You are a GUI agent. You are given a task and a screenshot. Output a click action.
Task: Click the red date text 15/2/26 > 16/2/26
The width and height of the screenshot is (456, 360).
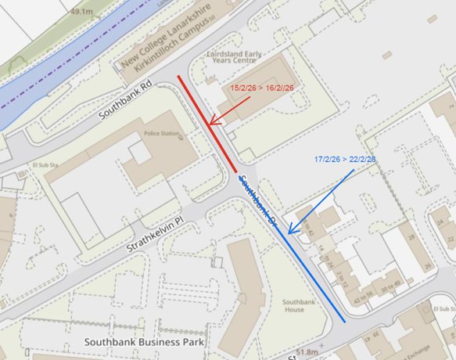click(262, 88)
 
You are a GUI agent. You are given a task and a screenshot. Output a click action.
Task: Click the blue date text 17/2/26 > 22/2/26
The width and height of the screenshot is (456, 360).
click(345, 160)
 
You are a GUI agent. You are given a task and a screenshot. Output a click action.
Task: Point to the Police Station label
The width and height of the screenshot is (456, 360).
click(160, 135)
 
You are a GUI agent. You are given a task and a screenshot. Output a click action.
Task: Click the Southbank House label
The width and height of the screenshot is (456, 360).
click(293, 306)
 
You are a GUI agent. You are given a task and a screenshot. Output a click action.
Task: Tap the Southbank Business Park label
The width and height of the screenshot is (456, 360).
click(144, 342)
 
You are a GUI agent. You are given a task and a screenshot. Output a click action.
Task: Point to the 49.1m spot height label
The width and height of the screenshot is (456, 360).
click(81, 13)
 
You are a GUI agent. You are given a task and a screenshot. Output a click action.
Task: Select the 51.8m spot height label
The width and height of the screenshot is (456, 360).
click(307, 353)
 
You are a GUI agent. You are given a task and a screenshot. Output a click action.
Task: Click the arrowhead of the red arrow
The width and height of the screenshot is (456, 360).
click(211, 123)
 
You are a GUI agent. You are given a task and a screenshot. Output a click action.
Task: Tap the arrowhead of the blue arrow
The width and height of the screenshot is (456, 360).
click(290, 232)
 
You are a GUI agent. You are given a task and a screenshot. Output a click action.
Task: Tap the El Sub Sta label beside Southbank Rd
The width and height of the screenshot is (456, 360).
click(46, 166)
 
